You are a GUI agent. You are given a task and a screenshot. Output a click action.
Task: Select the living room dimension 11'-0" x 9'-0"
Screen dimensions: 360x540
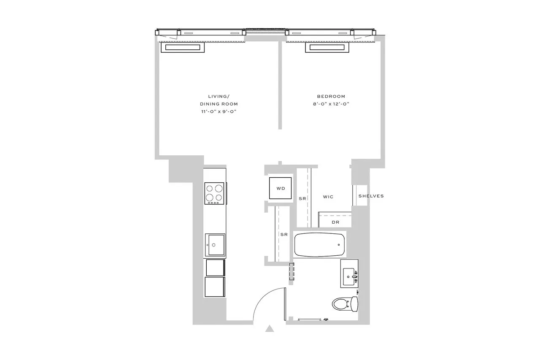click(x=219, y=111)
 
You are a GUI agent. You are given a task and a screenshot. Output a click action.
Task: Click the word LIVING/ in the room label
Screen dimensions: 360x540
click(x=219, y=96)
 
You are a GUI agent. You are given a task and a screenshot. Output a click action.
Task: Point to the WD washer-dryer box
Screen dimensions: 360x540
click(x=281, y=188)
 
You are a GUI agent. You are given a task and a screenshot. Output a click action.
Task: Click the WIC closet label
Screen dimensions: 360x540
click(x=328, y=197)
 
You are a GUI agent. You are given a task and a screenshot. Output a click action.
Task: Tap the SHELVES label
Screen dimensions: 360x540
click(x=371, y=196)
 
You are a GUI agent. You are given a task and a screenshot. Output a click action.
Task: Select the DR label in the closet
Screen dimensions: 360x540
click(x=335, y=222)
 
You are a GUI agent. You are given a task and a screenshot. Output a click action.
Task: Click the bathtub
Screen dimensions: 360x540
click(x=320, y=244)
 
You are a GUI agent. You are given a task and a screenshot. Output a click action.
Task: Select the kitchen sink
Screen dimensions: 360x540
click(x=215, y=245)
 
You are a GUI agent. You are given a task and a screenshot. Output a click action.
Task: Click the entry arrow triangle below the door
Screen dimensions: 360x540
click(x=270, y=329)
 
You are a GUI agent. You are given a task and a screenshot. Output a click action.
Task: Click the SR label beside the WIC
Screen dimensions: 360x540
click(x=302, y=198)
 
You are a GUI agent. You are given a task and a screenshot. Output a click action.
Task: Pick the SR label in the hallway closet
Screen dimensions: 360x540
click(x=284, y=235)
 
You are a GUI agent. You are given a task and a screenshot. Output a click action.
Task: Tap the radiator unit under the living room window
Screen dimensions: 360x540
click(x=182, y=48)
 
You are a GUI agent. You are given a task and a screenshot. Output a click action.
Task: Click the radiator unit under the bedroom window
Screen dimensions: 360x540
click(x=327, y=48)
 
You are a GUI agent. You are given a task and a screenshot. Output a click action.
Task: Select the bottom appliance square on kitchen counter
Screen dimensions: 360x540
click(x=215, y=288)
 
